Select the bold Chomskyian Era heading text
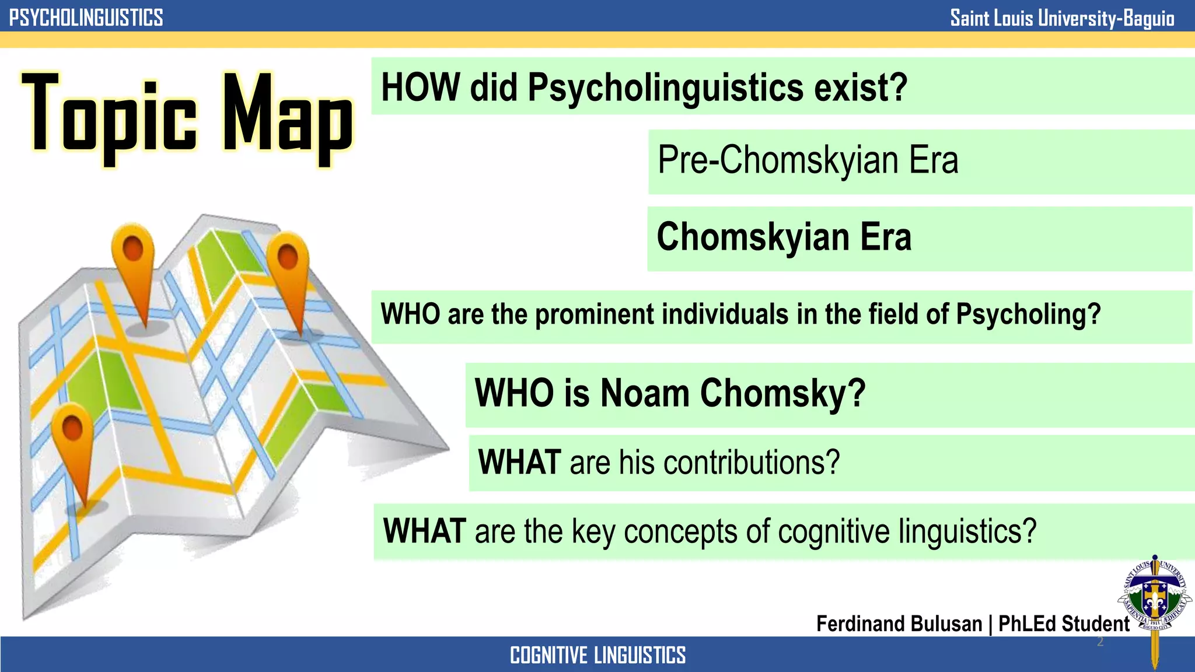[784, 237]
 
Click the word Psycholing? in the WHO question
[1028, 314]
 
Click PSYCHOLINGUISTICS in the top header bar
[86, 17]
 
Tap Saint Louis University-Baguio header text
[1062, 18]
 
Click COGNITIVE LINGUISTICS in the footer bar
[597, 655]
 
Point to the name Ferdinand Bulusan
[899, 624]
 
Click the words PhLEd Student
[1064, 624]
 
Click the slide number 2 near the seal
[1100, 642]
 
